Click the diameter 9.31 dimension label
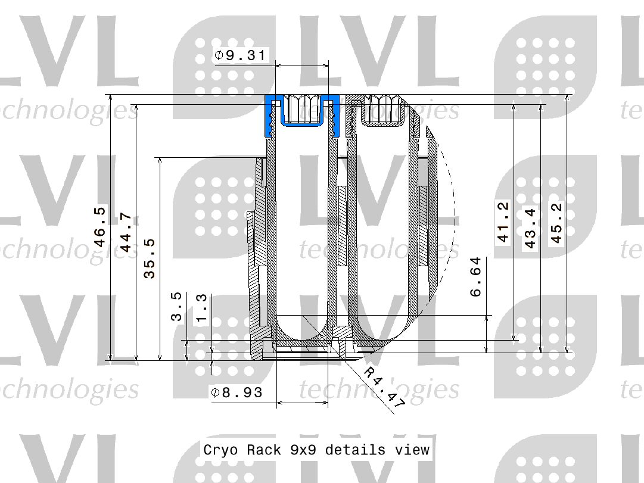[240, 55]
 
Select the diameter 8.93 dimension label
[237, 392]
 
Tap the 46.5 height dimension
[100, 226]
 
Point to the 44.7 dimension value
[126, 232]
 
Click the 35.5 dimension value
[150, 258]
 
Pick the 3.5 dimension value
[176, 306]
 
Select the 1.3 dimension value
[202, 308]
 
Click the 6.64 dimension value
[475, 277]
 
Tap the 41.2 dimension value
[503, 222]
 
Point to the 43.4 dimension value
[530, 228]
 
